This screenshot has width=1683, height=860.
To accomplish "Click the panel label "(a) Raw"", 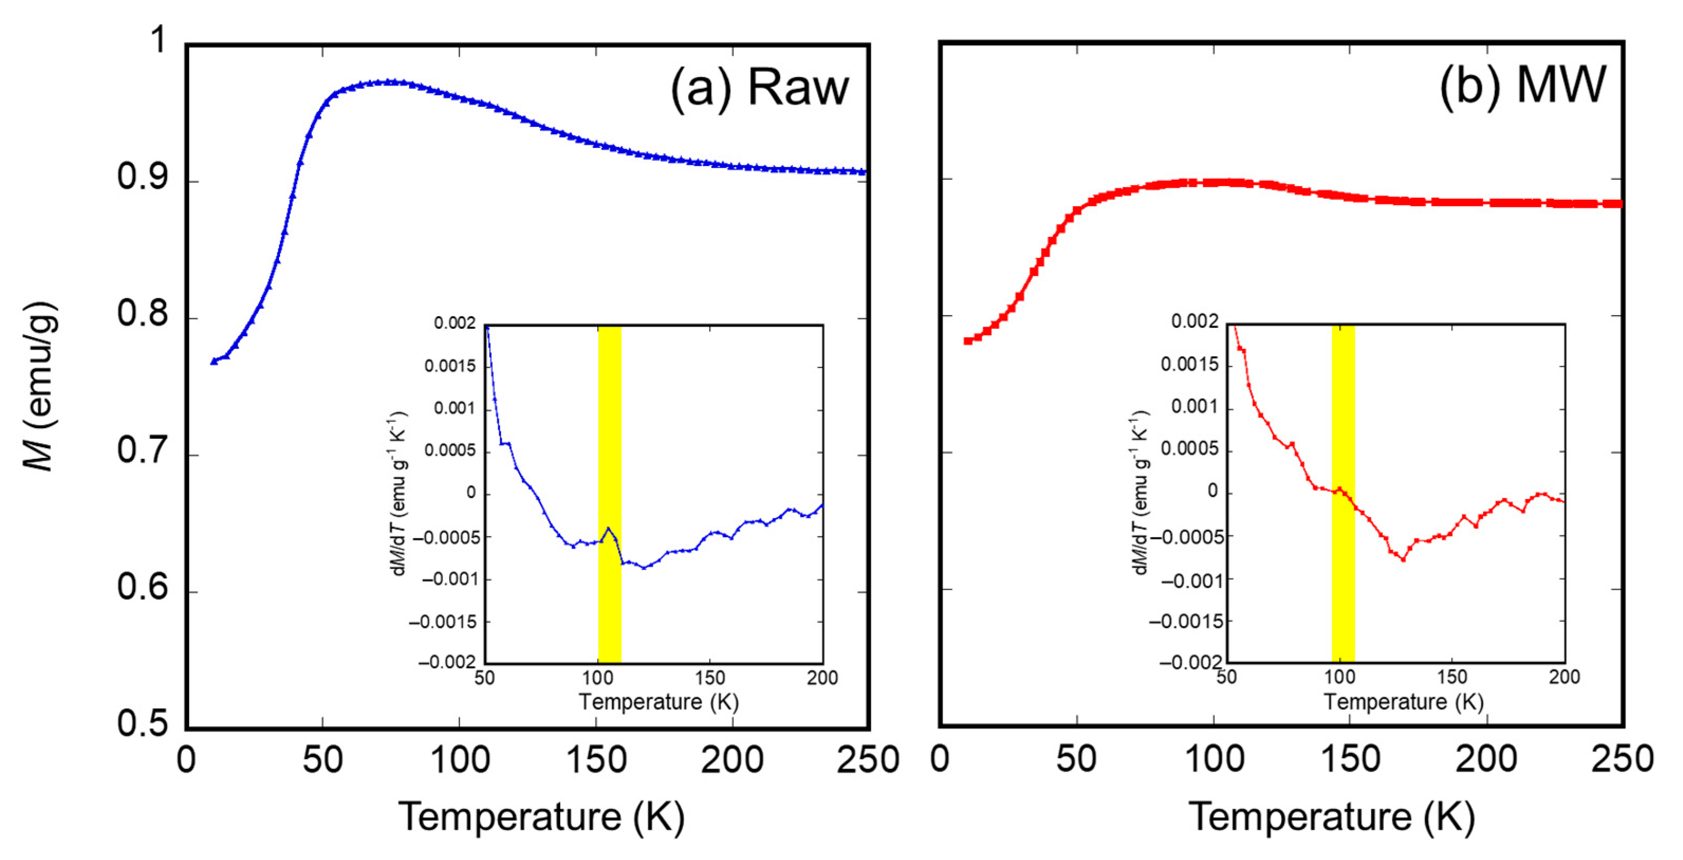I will (759, 88).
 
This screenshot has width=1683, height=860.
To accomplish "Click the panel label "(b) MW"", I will (1522, 86).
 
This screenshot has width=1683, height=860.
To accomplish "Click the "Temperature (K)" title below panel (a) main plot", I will (542, 817).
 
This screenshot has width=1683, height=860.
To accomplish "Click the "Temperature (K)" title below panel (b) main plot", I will (1331, 817).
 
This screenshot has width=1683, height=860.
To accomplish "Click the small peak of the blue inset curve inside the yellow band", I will (608, 528).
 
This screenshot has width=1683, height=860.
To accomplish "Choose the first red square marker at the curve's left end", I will (968, 341).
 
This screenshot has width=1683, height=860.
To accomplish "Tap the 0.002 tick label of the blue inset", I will (455, 323).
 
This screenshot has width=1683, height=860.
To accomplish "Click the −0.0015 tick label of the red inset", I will (1185, 621).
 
